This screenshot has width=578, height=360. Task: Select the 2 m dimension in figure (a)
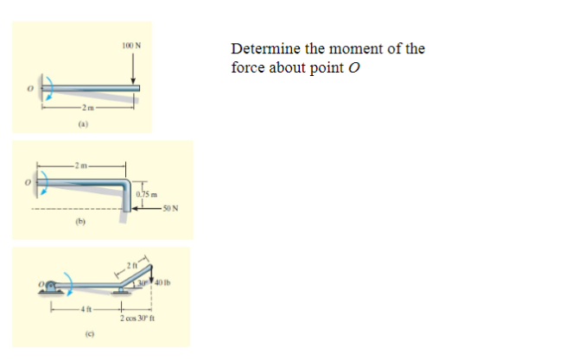[x=88, y=107]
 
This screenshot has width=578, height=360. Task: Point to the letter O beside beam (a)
[x=29, y=89]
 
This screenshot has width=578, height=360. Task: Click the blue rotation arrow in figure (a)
[x=51, y=88]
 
